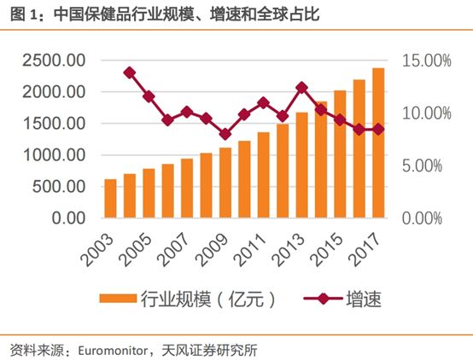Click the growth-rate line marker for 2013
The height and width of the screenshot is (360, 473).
tap(301, 87)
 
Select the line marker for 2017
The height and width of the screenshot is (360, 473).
tap(377, 129)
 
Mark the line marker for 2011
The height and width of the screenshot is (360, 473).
tap(263, 102)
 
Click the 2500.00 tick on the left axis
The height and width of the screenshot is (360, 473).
tap(52, 61)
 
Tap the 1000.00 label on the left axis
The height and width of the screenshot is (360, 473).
tap(52, 155)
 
